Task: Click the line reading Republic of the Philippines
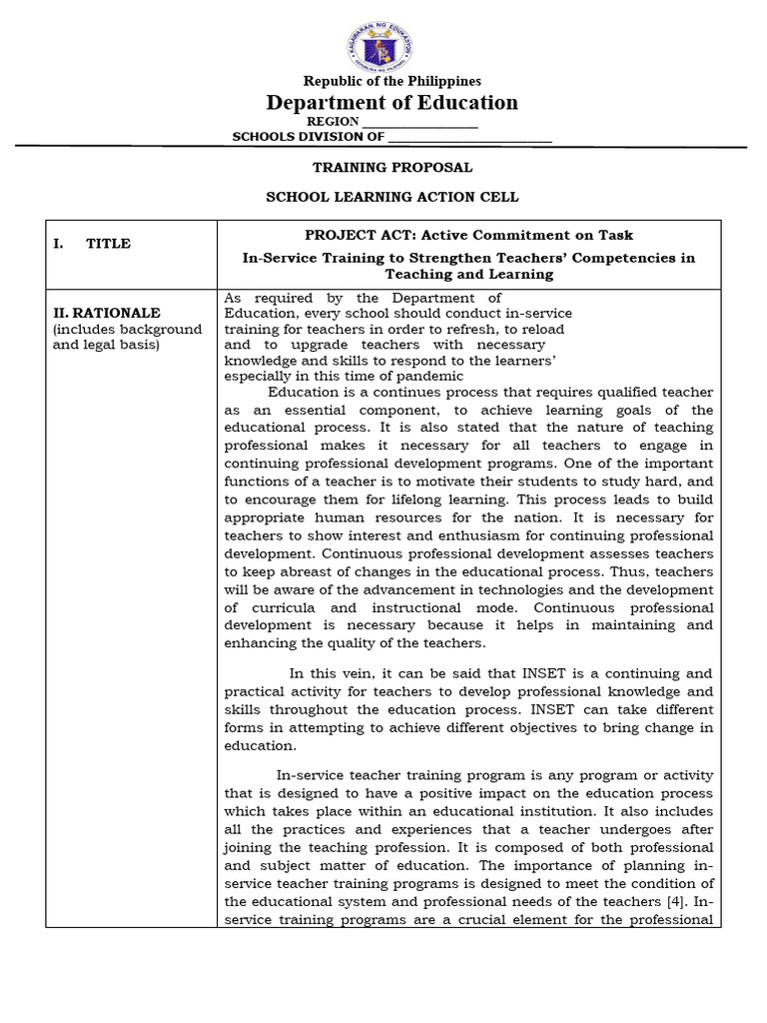[391, 81]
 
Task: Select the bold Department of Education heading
[391, 103]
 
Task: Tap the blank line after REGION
[419, 122]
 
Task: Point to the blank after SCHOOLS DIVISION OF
[469, 138]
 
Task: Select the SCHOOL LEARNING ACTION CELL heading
[392, 197]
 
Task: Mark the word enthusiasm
[450, 534]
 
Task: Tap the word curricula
[285, 606]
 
